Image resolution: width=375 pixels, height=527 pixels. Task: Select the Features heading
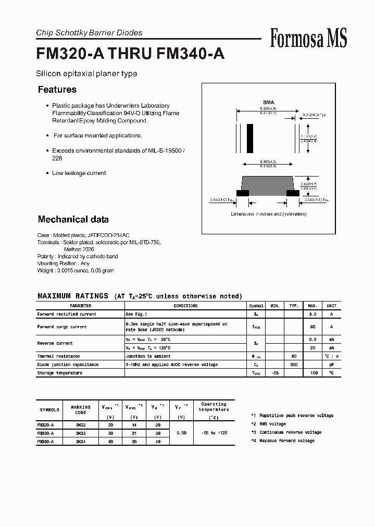(x=57, y=90)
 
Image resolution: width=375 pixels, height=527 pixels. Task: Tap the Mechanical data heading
(x=73, y=219)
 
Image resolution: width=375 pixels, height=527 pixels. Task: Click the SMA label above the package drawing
(x=268, y=103)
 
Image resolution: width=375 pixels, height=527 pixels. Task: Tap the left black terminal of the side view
(x=243, y=193)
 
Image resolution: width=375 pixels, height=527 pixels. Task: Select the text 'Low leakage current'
(x=79, y=173)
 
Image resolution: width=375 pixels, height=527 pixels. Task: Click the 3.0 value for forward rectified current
(x=313, y=314)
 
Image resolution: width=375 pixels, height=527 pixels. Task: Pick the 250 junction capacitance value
(x=294, y=365)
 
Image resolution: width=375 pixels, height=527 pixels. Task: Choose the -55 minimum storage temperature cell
(x=275, y=373)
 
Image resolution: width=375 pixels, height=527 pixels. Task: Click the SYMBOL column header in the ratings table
(x=256, y=306)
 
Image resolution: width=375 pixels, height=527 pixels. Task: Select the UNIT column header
(x=331, y=306)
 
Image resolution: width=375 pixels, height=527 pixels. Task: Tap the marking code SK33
(x=80, y=433)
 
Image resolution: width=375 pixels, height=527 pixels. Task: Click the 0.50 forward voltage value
(x=182, y=433)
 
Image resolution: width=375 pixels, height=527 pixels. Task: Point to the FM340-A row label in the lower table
(x=45, y=441)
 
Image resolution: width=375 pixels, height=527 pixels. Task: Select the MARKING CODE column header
(x=80, y=410)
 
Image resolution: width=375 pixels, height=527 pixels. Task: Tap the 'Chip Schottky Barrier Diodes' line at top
(x=89, y=33)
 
